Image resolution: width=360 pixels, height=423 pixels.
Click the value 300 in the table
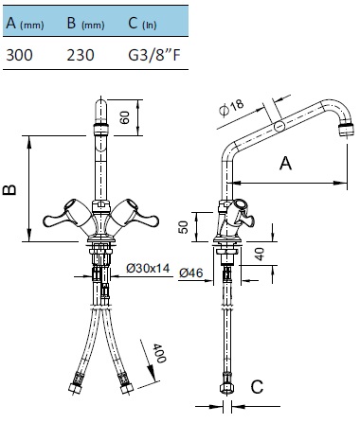pyautogui.click(x=19, y=55)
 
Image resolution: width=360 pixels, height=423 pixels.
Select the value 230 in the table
pyautogui.click(x=81, y=55)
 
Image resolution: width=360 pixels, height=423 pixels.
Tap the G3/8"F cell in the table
pyautogui.click(x=154, y=55)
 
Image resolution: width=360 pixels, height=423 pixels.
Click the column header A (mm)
pyautogui.click(x=25, y=23)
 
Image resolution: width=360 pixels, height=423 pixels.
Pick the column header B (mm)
pyautogui.click(x=85, y=23)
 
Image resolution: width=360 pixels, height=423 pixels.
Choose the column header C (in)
pyautogui.click(x=142, y=23)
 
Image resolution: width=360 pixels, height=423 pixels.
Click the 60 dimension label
pyautogui.click(x=125, y=117)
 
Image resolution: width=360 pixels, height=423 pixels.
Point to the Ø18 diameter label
pyautogui.click(x=231, y=108)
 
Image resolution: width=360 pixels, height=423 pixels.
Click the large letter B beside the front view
pyautogui.click(x=9, y=189)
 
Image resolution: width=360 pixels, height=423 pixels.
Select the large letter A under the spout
pyautogui.click(x=285, y=164)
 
